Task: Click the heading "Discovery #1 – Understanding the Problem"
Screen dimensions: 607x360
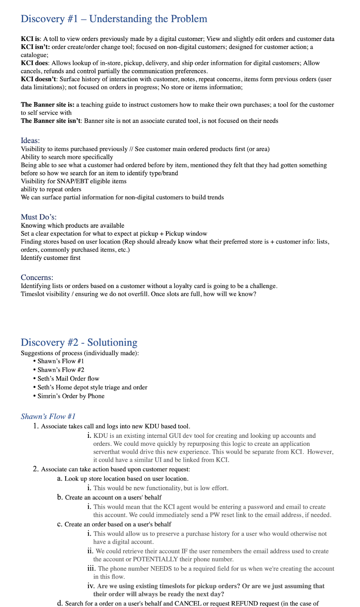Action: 114,19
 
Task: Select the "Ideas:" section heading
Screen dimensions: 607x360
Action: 30,140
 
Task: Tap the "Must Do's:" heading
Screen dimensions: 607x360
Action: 39,217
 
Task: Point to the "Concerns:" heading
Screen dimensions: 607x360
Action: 37,277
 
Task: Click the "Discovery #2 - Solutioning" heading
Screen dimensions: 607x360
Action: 79,342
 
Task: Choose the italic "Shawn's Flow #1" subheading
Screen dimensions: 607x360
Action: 48,416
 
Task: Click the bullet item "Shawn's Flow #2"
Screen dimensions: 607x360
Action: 61,370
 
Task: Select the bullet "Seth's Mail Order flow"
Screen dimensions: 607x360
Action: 68,378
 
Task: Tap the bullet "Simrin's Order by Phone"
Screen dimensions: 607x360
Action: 71,396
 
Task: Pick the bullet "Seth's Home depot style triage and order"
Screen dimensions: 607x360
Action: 92,387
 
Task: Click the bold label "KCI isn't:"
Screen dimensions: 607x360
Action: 35,47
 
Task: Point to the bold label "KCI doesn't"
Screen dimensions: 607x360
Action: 39,79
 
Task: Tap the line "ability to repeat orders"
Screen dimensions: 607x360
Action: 51,189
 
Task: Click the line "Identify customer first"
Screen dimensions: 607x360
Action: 51,258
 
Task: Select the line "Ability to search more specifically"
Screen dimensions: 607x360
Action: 67,157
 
